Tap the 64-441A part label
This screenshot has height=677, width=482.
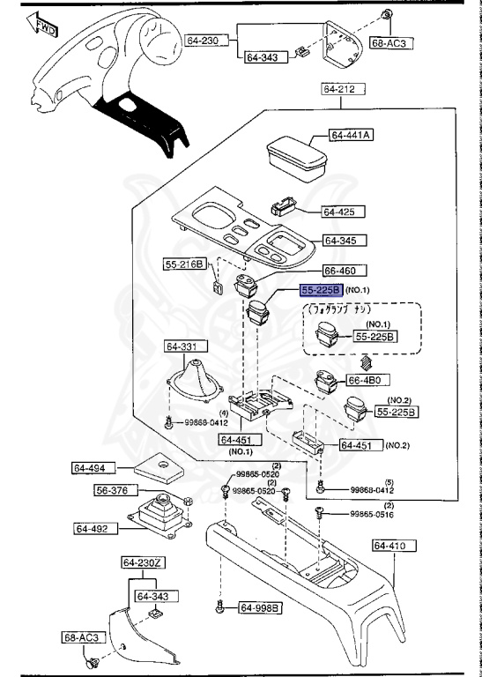click(352, 135)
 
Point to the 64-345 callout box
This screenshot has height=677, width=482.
click(345, 240)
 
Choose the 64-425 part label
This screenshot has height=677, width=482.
click(337, 212)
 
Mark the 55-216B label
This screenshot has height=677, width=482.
click(184, 264)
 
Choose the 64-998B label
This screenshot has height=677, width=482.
click(260, 607)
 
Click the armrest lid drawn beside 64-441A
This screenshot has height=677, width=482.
click(294, 158)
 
